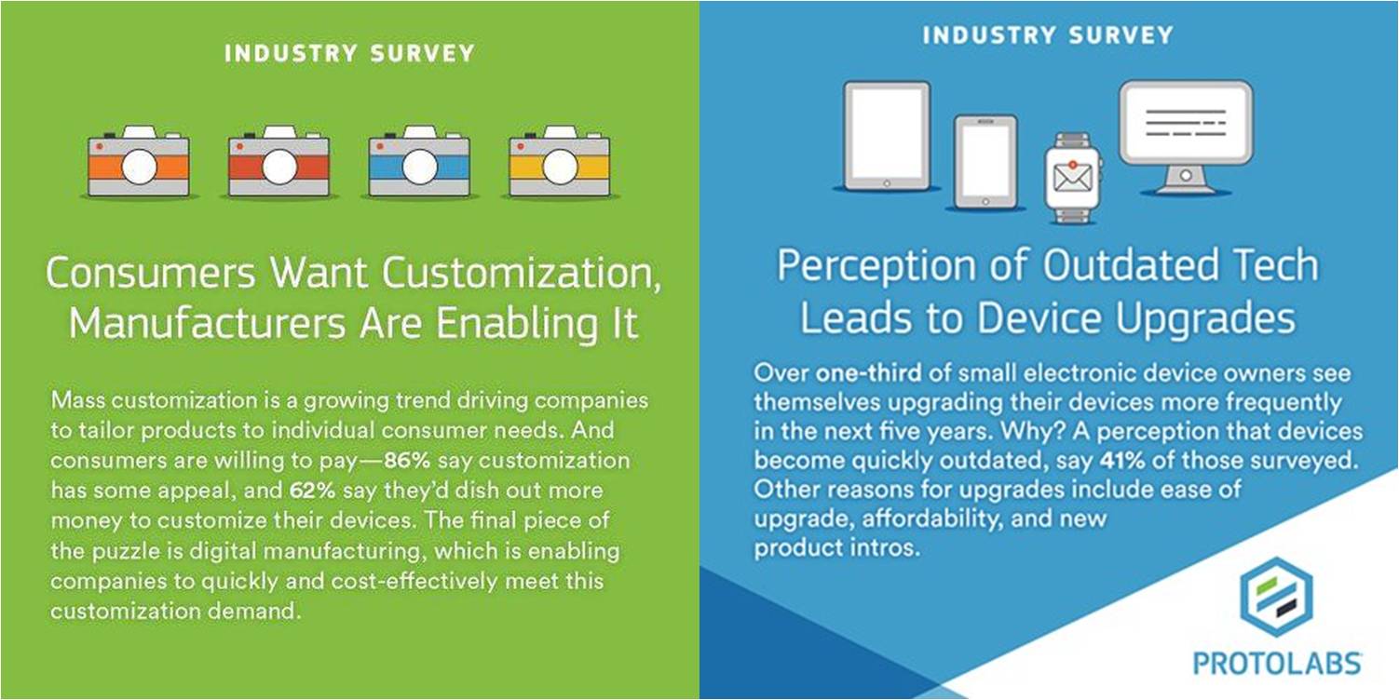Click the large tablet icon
[886, 136]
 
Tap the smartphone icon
[985, 162]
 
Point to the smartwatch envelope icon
[1072, 178]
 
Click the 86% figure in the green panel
[407, 460]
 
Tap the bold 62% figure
[312, 491]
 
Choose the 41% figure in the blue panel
[1122, 460]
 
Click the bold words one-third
[868, 372]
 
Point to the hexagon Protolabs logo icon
[1276, 597]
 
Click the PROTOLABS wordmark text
[1277, 664]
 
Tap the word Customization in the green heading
[522, 273]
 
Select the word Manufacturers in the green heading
[208, 323]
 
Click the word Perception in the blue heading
[876, 266]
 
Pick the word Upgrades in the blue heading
[1205, 319]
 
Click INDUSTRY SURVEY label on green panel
[350, 53]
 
